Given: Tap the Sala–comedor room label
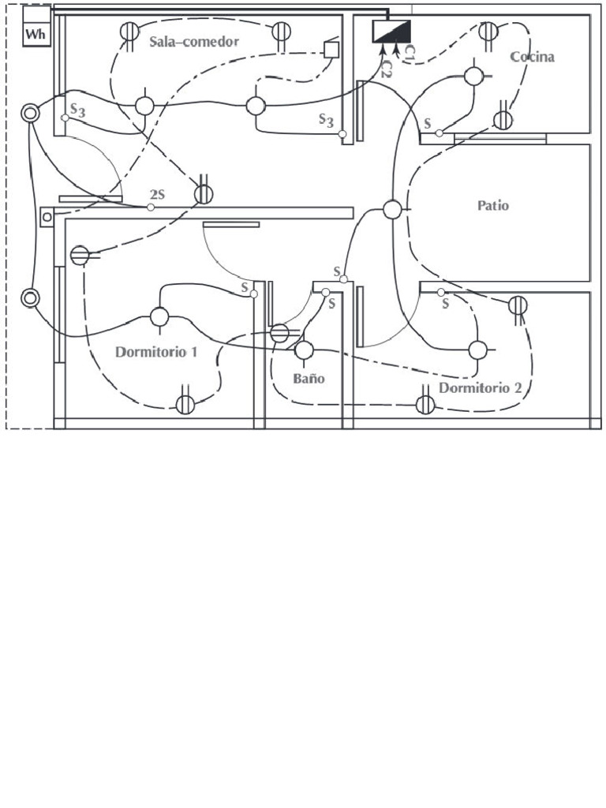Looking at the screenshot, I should pyautogui.click(x=194, y=41).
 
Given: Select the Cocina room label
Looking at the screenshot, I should pyautogui.click(x=532, y=57).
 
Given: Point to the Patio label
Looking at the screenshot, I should pyautogui.click(x=493, y=206).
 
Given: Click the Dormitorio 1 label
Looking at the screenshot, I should pyautogui.click(x=156, y=352).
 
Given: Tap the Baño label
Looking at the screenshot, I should pyautogui.click(x=309, y=379).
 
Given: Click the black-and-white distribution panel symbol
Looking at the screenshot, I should pyautogui.click(x=391, y=32).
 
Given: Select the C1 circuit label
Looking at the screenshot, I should pyautogui.click(x=410, y=52).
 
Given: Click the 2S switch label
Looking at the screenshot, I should pyautogui.click(x=158, y=194).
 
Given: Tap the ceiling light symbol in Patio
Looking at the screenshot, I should pyautogui.click(x=392, y=209).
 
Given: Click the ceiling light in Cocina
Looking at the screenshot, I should pyautogui.click(x=473, y=77).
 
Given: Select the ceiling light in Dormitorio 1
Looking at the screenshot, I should pyautogui.click(x=159, y=317).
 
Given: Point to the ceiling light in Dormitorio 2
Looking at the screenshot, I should pyautogui.click(x=477, y=350).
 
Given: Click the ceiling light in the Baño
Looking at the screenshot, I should pyautogui.click(x=304, y=350).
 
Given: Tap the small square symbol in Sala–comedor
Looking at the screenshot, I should pyautogui.click(x=331, y=49).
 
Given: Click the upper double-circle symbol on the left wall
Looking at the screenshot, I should pyautogui.click(x=30, y=114).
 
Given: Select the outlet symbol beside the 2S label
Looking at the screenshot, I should pyautogui.click(x=204, y=193).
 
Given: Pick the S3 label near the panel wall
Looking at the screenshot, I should pyautogui.click(x=326, y=120).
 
